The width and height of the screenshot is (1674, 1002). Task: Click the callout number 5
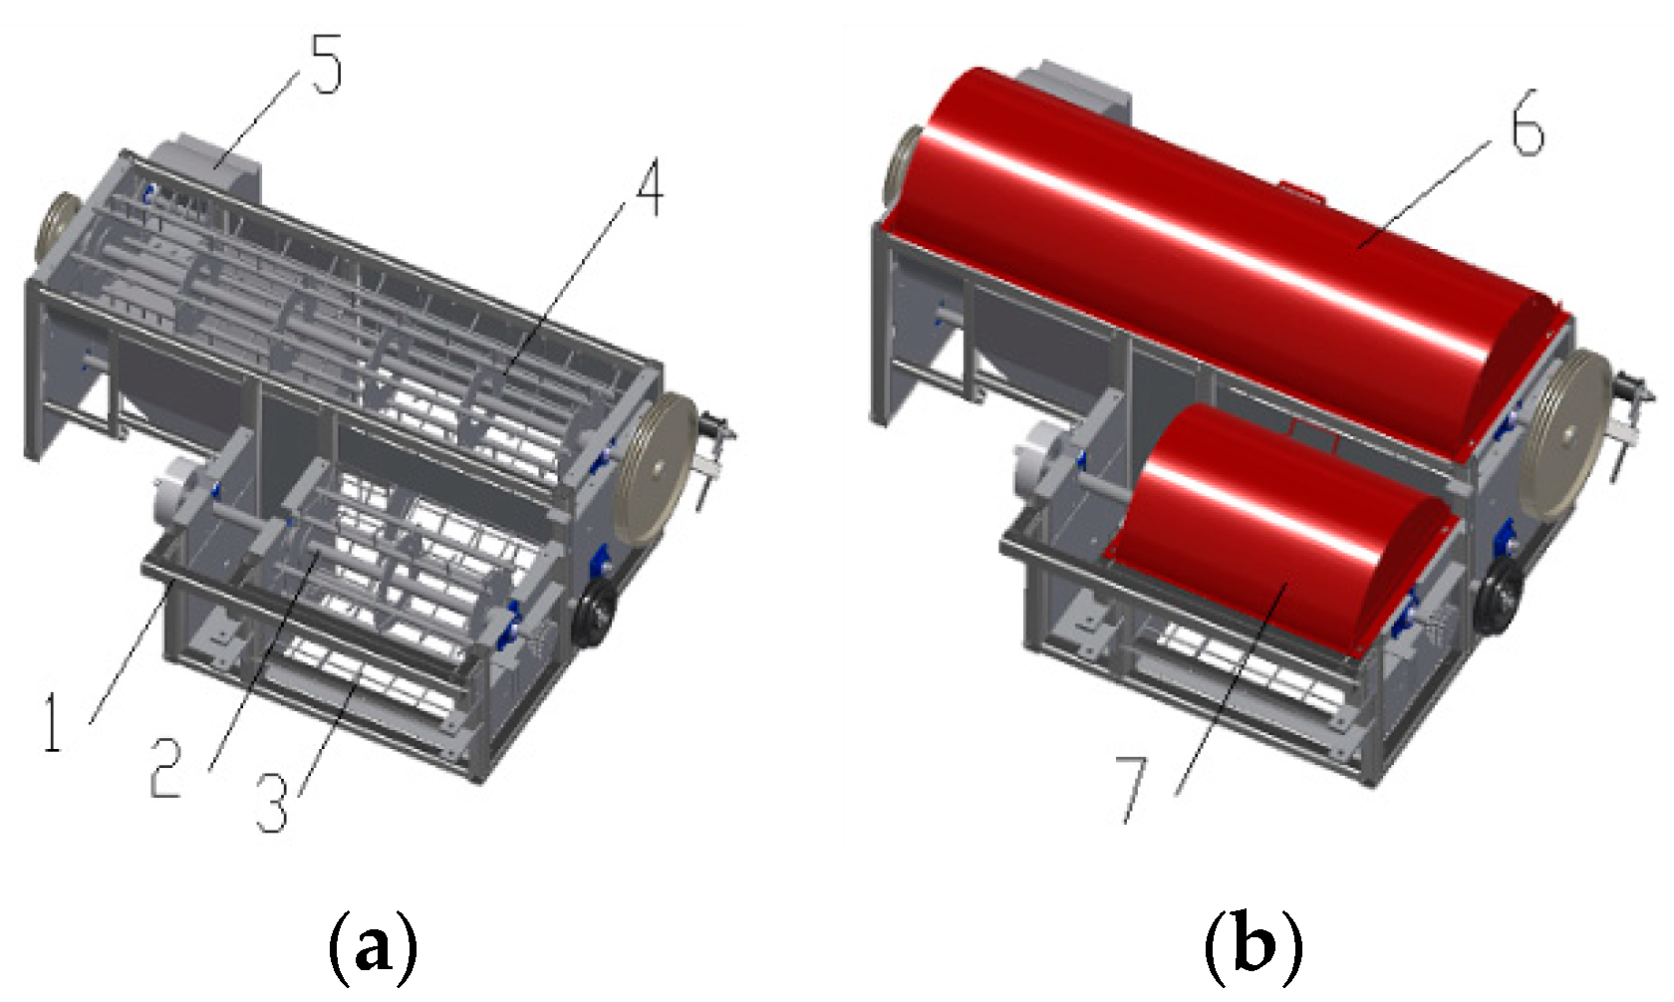click(326, 64)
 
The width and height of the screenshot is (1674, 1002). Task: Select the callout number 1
click(52, 722)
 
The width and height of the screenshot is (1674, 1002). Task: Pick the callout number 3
click(272, 803)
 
